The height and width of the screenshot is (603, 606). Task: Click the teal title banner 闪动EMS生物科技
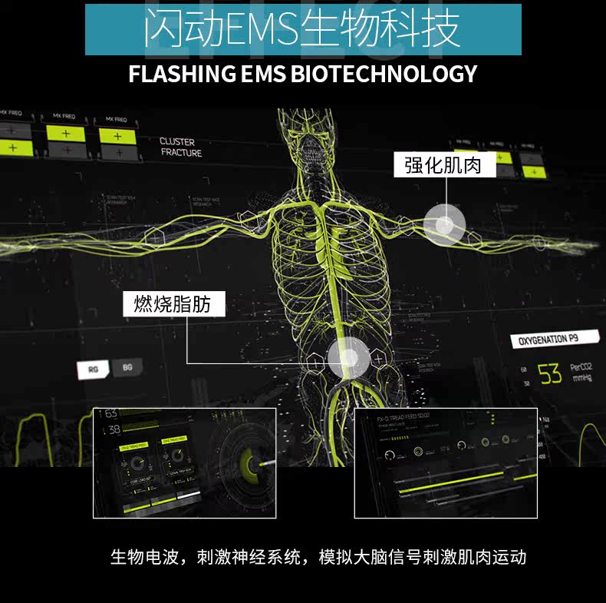pyautogui.click(x=302, y=29)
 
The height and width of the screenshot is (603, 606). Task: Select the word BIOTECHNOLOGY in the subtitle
pyautogui.click(x=384, y=74)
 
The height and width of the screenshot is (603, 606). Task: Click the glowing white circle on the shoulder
pyautogui.click(x=445, y=224)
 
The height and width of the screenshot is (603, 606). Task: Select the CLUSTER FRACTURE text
pyautogui.click(x=181, y=147)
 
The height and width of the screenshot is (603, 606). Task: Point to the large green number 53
pyautogui.click(x=549, y=374)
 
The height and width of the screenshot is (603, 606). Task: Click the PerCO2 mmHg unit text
pyautogui.click(x=581, y=373)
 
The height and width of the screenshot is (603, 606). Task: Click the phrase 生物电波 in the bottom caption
pyautogui.click(x=138, y=556)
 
